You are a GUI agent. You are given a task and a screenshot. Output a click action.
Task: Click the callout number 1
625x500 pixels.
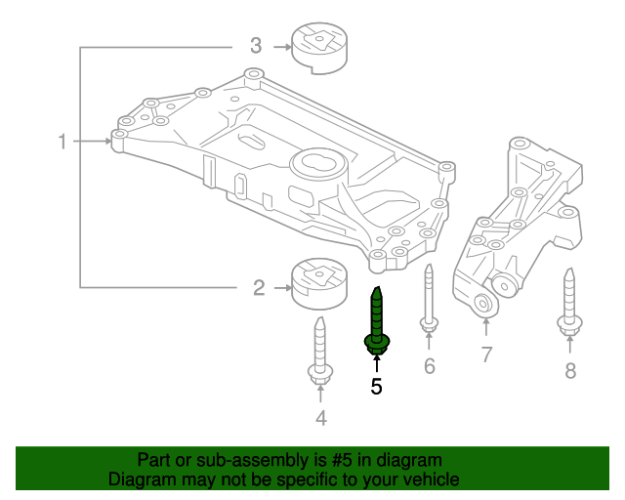(x=62, y=142)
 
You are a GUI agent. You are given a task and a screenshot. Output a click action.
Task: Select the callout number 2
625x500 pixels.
(x=259, y=287)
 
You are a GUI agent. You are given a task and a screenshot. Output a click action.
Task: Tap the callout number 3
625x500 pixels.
(x=256, y=45)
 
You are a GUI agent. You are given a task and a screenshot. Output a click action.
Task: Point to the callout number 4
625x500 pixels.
(x=320, y=419)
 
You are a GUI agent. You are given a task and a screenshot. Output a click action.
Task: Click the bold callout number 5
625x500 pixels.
(x=376, y=387)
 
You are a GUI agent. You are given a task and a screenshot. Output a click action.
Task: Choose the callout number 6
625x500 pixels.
(x=429, y=366)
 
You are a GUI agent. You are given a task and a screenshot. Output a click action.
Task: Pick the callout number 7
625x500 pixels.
(x=486, y=354)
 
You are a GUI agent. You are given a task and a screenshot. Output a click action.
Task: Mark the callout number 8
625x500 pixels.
(x=570, y=370)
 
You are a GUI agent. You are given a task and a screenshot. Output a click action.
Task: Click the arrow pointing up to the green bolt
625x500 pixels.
(x=376, y=365)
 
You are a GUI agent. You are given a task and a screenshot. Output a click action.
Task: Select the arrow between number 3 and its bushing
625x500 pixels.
(x=281, y=45)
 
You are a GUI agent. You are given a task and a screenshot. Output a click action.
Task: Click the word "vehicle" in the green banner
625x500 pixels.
(x=431, y=479)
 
